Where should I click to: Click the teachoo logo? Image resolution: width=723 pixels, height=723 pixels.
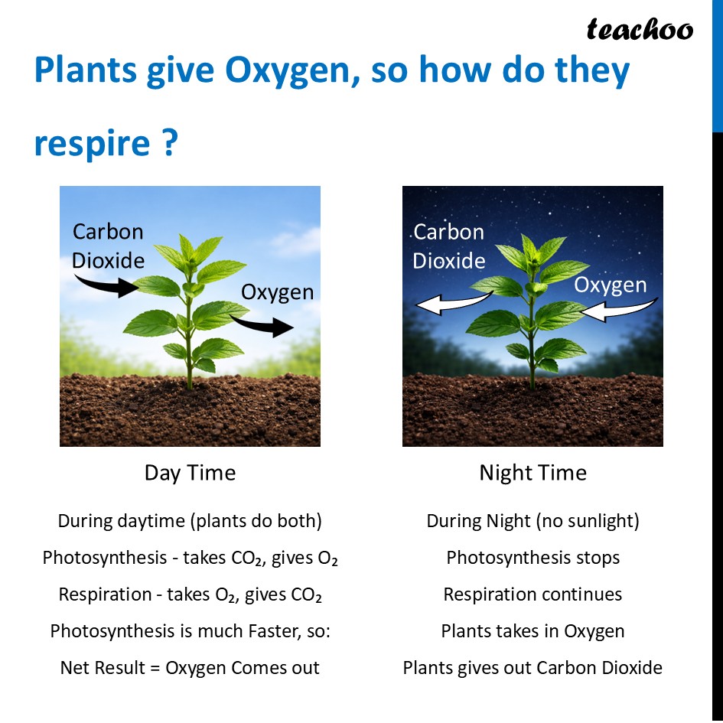pos(639,30)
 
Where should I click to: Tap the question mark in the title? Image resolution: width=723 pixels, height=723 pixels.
pos(170,143)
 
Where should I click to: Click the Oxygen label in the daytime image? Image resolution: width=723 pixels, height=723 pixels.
pos(277,292)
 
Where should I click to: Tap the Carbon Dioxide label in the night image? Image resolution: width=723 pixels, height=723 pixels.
pos(449,246)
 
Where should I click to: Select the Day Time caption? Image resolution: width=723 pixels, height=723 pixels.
pos(190,473)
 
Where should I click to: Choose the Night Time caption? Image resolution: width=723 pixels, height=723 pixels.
pos(532,473)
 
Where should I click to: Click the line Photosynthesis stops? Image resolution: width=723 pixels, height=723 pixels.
pos(532,558)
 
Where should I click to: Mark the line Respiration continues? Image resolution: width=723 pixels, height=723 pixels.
pos(532,594)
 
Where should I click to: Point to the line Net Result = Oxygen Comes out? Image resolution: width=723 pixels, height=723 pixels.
pos(190,668)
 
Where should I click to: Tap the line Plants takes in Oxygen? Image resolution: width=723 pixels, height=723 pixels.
pos(532,631)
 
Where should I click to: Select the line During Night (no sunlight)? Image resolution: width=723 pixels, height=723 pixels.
pos(532,521)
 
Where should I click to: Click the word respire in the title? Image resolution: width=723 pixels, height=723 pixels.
pos(92,143)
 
